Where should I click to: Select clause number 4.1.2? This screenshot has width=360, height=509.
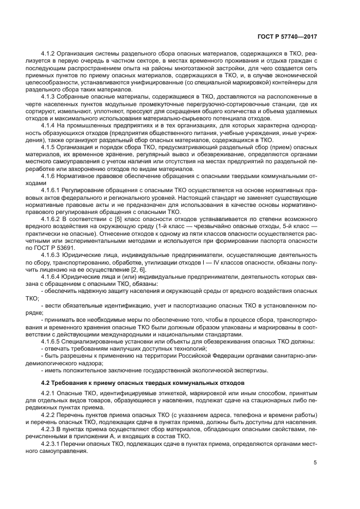tap(50, 54)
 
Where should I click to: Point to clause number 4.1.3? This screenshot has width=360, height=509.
tap(50, 96)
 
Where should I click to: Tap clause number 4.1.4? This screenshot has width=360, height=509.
tap(50, 125)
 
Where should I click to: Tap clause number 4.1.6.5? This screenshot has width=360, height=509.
tap(53, 341)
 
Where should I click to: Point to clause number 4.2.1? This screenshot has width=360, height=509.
tap(50, 394)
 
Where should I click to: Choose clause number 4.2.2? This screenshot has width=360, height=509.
tap(50, 415)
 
